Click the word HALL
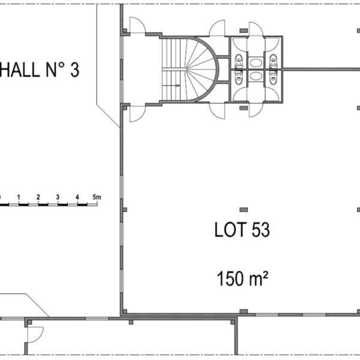pos(20,70)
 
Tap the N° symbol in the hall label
pos(55,70)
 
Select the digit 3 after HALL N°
pos(74,70)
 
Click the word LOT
pos(230,230)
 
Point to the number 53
pos(261,230)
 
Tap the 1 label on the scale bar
pos(19,197)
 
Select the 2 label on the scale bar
pos(38,197)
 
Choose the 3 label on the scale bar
pos(58,197)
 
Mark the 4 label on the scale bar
pos(77,197)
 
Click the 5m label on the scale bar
pos(97,197)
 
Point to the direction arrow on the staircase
pos(171,86)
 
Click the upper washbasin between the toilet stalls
pos(256,62)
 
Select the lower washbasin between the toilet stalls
pos(256,76)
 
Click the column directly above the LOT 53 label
pos(244,209)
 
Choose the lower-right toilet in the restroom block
pos(273,77)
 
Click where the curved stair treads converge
pos(186,69)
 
